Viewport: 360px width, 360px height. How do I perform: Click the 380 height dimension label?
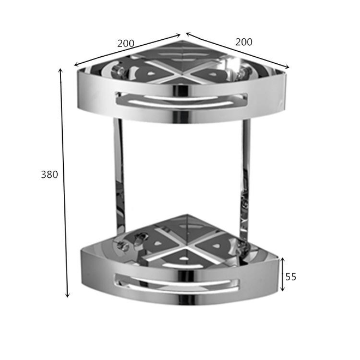click(49, 175)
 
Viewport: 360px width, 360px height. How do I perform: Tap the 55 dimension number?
click(291, 277)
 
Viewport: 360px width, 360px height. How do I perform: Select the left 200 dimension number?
click(126, 43)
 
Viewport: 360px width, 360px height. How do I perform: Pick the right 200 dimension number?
click(244, 42)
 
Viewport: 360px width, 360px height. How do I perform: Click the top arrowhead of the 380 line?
click(61, 71)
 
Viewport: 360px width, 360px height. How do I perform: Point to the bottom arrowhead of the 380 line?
click(67, 295)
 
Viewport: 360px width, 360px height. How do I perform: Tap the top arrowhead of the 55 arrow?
click(283, 260)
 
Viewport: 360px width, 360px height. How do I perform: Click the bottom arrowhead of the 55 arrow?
click(283, 289)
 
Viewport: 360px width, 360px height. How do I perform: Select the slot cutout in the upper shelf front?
click(182, 100)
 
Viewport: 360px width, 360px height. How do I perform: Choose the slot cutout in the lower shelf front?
click(177, 283)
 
